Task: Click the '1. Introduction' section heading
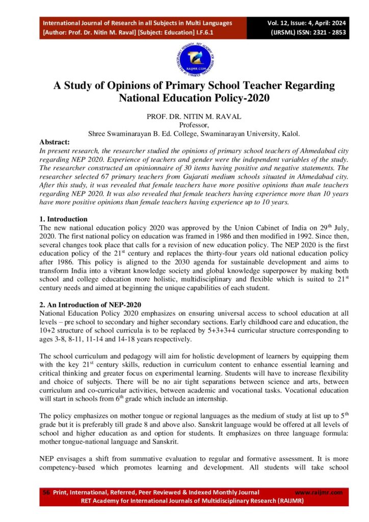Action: point(63,219)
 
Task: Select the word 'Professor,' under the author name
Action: point(184,125)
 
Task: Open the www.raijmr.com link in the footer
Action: point(319,492)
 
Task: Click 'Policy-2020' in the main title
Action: point(242,97)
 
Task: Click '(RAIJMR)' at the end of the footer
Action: point(288,501)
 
